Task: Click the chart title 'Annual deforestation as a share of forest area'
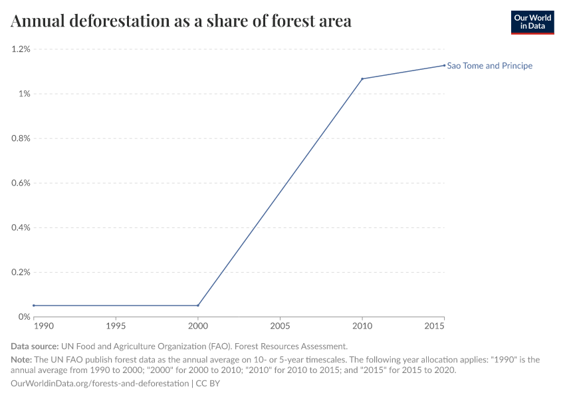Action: tap(181, 21)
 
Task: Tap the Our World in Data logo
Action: tap(532, 22)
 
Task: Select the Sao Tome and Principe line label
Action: tap(489, 66)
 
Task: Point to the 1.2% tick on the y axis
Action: tap(21, 49)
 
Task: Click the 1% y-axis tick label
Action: tap(24, 94)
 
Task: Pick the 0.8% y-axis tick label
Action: tap(21, 138)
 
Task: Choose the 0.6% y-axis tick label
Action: tap(21, 183)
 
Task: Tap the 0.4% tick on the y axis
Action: tap(21, 227)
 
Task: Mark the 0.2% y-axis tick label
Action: tap(21, 272)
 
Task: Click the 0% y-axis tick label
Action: tap(24, 317)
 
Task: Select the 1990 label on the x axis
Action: tap(43, 327)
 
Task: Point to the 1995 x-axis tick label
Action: tap(116, 327)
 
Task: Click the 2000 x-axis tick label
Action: tap(197, 327)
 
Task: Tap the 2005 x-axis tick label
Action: tap(280, 327)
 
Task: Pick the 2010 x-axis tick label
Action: tap(362, 327)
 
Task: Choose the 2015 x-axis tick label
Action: tap(435, 327)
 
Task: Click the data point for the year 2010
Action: tap(362, 79)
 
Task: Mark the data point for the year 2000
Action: tap(197, 305)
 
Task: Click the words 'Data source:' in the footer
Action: tap(34, 346)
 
